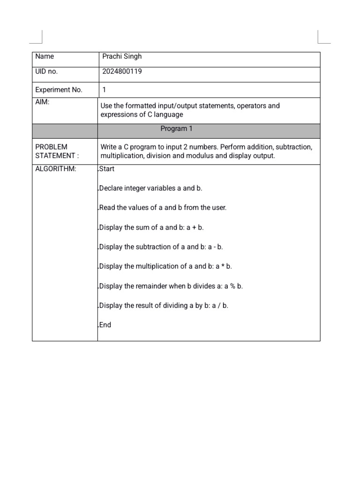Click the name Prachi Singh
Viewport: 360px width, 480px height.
pos(122,57)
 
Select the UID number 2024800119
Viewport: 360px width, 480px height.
pos(122,72)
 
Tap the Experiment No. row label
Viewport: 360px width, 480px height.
pos(59,90)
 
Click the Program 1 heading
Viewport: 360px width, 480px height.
pos(176,128)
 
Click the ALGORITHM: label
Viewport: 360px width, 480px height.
pos(56,169)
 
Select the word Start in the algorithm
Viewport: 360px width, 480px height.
pos(107,169)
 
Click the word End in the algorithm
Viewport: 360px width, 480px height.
pos(105,324)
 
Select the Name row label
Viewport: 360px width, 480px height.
pos(45,57)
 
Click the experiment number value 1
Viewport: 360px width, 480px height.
pos(104,90)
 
